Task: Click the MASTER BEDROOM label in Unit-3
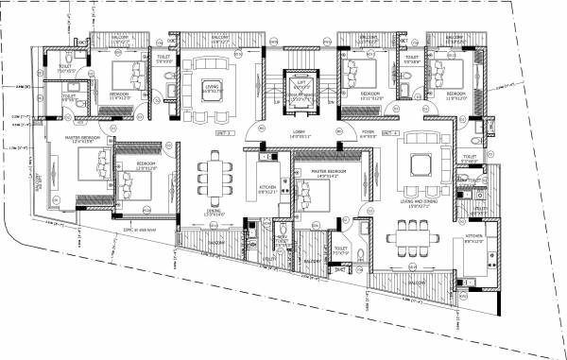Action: point(83,139)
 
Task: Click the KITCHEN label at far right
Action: point(473,238)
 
